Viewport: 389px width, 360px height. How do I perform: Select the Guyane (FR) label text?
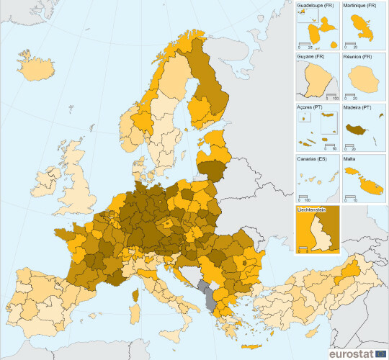(310, 56)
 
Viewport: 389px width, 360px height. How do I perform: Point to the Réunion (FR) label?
(358, 56)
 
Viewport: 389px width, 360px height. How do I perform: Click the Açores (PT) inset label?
(310, 107)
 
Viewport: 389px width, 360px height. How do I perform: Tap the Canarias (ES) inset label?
(313, 157)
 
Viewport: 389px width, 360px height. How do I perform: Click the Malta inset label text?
(351, 157)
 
